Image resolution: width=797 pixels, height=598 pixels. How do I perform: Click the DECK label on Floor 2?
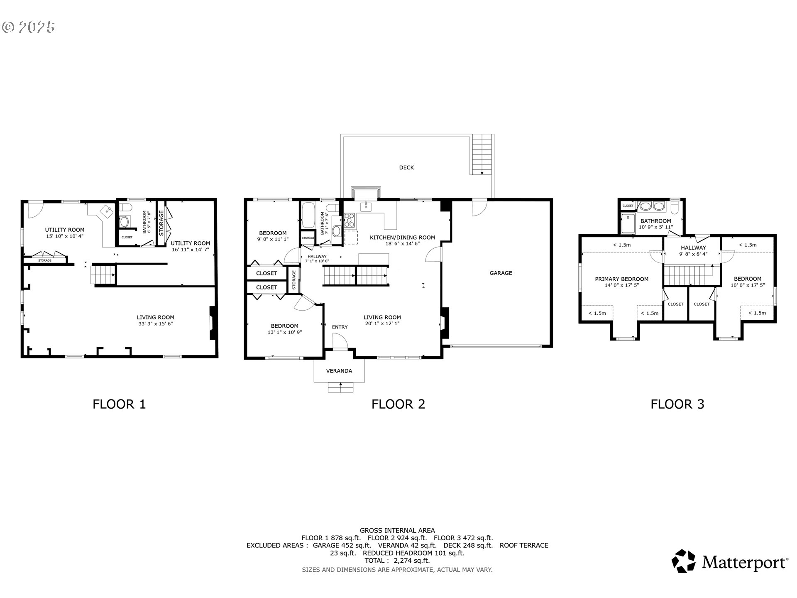406,167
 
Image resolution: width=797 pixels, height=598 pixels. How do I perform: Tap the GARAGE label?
501,273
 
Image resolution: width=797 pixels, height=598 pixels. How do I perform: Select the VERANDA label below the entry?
339,371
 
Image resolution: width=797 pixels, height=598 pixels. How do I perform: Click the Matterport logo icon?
683,561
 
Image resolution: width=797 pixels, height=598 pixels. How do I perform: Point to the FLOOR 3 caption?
677,404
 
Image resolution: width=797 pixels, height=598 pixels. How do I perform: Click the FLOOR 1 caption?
119,404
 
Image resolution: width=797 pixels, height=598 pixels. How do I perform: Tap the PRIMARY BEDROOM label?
621,279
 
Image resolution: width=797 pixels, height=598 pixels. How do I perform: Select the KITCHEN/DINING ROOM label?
402,238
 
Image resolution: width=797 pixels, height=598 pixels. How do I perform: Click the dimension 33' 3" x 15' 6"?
155,324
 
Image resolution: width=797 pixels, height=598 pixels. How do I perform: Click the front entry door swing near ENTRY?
340,343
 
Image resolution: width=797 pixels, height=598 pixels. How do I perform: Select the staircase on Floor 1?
103,274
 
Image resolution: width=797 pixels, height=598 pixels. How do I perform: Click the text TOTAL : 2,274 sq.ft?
397,561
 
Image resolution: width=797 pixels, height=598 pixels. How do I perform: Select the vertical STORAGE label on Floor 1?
161,220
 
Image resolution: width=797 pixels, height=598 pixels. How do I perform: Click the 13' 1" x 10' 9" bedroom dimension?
284,332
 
